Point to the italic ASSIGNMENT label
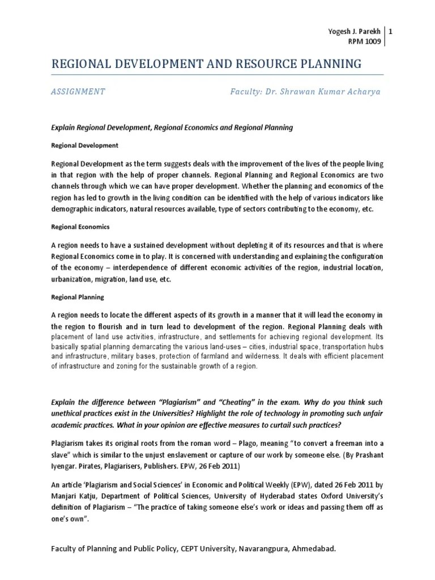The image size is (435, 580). click(x=78, y=92)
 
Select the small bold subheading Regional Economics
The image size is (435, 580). click(x=80, y=227)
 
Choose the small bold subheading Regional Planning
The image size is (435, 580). click(x=78, y=297)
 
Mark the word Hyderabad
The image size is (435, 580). click(x=249, y=497)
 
